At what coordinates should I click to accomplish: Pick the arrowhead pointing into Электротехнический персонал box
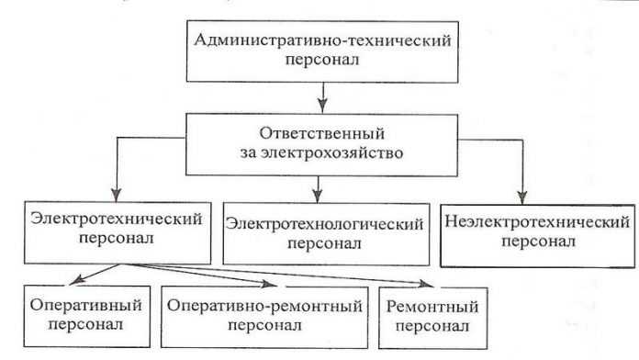[115, 196]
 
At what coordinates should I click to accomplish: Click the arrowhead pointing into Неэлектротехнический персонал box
[521, 196]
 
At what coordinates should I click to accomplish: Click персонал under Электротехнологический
[325, 244]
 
